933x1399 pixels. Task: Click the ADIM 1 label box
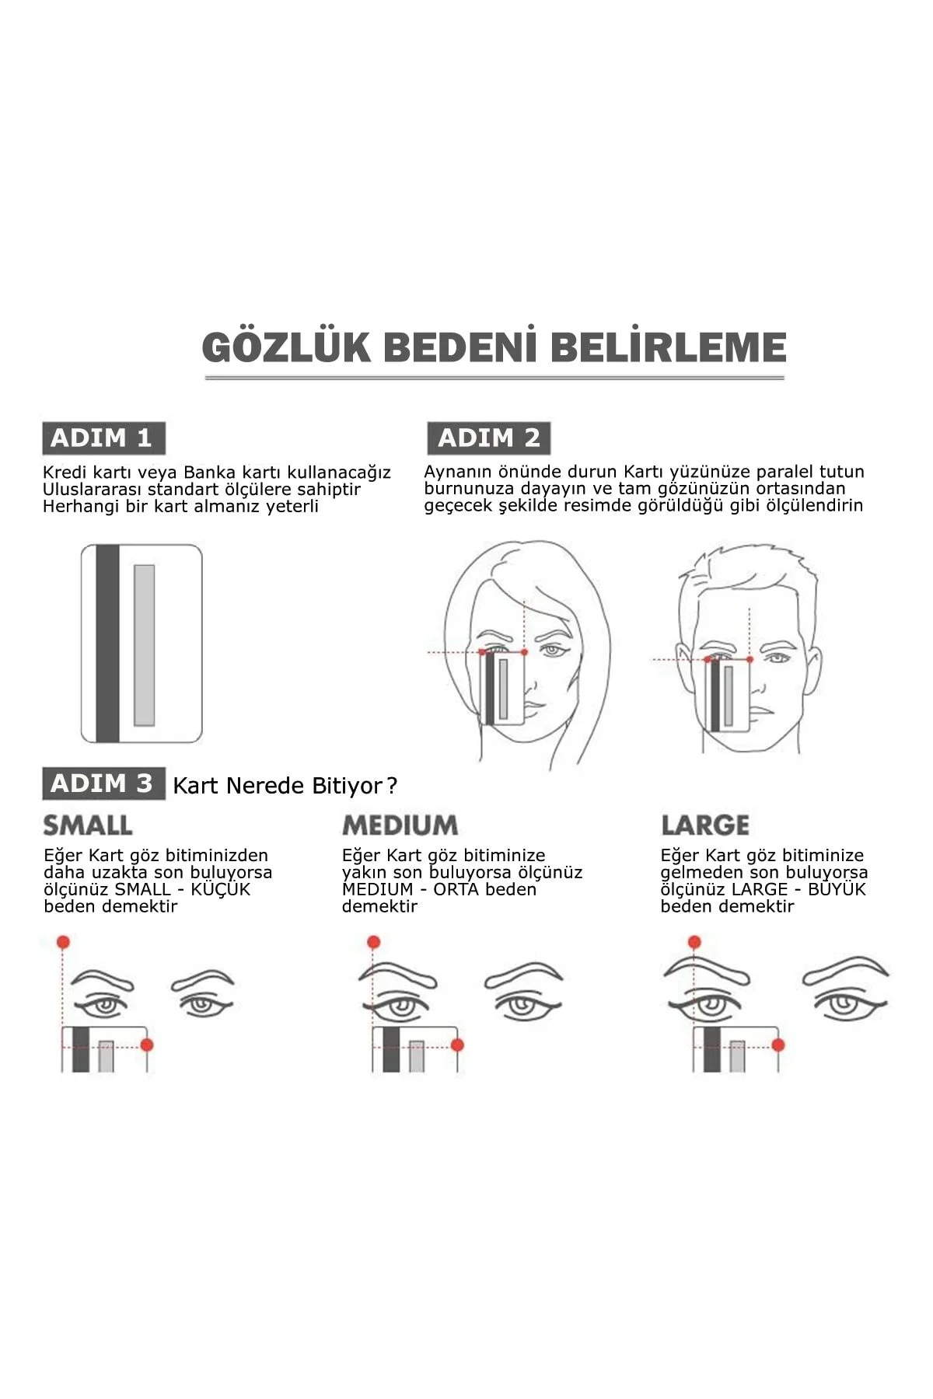103,438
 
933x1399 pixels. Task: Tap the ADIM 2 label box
488,438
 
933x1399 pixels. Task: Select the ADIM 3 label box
103,783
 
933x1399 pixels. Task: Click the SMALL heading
88,825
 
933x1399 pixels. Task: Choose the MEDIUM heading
400,825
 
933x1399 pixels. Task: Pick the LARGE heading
705,825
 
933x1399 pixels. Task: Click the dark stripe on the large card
107,644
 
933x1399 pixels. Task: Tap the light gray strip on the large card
145,645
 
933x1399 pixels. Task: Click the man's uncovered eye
777,659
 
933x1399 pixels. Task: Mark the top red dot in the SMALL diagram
63,942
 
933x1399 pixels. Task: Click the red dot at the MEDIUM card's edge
457,1045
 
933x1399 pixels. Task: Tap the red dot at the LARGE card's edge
777,1045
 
